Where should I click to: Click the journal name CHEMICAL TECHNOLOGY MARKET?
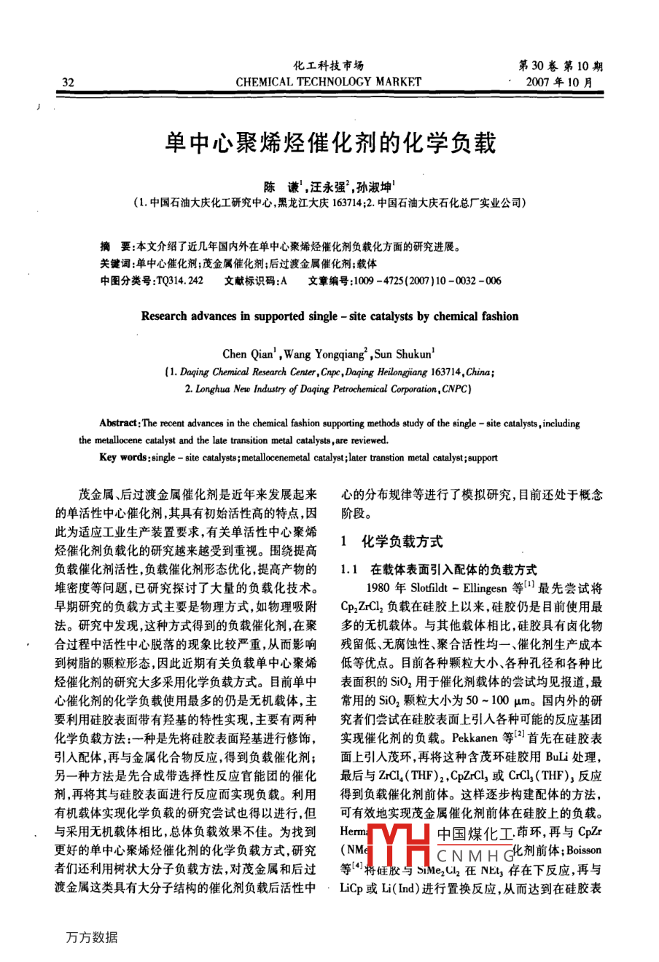click(x=329, y=82)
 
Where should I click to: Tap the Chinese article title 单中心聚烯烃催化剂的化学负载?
click(x=330, y=144)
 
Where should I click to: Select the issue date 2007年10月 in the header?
click(x=559, y=82)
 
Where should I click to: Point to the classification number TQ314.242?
click(x=179, y=281)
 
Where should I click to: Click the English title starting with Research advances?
click(x=329, y=316)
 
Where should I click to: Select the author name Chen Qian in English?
click(x=249, y=354)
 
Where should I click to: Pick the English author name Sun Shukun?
click(x=404, y=354)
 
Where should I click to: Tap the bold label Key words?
click(x=121, y=458)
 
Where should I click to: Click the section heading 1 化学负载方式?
click(x=392, y=541)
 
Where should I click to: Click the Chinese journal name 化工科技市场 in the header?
click(x=329, y=66)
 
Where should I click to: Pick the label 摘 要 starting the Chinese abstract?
click(x=117, y=247)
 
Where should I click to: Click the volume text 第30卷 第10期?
click(x=560, y=66)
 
